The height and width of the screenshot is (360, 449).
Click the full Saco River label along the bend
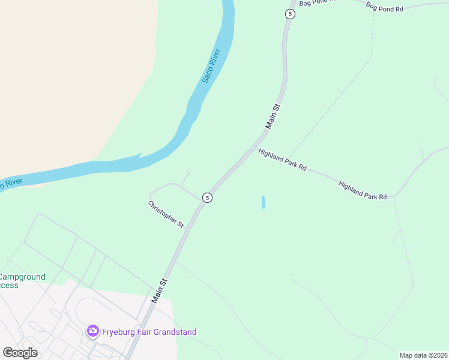click(211, 65)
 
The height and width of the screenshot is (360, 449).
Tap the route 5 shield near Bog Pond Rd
click(290, 14)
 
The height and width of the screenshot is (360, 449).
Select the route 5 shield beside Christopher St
click(206, 197)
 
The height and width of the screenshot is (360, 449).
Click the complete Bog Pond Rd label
click(384, 7)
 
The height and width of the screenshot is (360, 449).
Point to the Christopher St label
click(166, 214)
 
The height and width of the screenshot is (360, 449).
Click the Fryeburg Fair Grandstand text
click(149, 332)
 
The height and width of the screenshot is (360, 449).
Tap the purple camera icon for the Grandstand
click(92, 331)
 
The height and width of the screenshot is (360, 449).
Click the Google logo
click(20, 353)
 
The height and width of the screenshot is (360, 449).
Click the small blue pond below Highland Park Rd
click(263, 202)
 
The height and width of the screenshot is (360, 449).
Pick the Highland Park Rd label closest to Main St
click(282, 160)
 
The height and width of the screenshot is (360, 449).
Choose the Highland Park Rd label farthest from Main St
click(363, 190)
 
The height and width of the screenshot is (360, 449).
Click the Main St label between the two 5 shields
click(273, 116)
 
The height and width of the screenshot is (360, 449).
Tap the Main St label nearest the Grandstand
click(158, 290)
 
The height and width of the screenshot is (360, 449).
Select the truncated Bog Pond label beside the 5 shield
click(318, 3)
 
